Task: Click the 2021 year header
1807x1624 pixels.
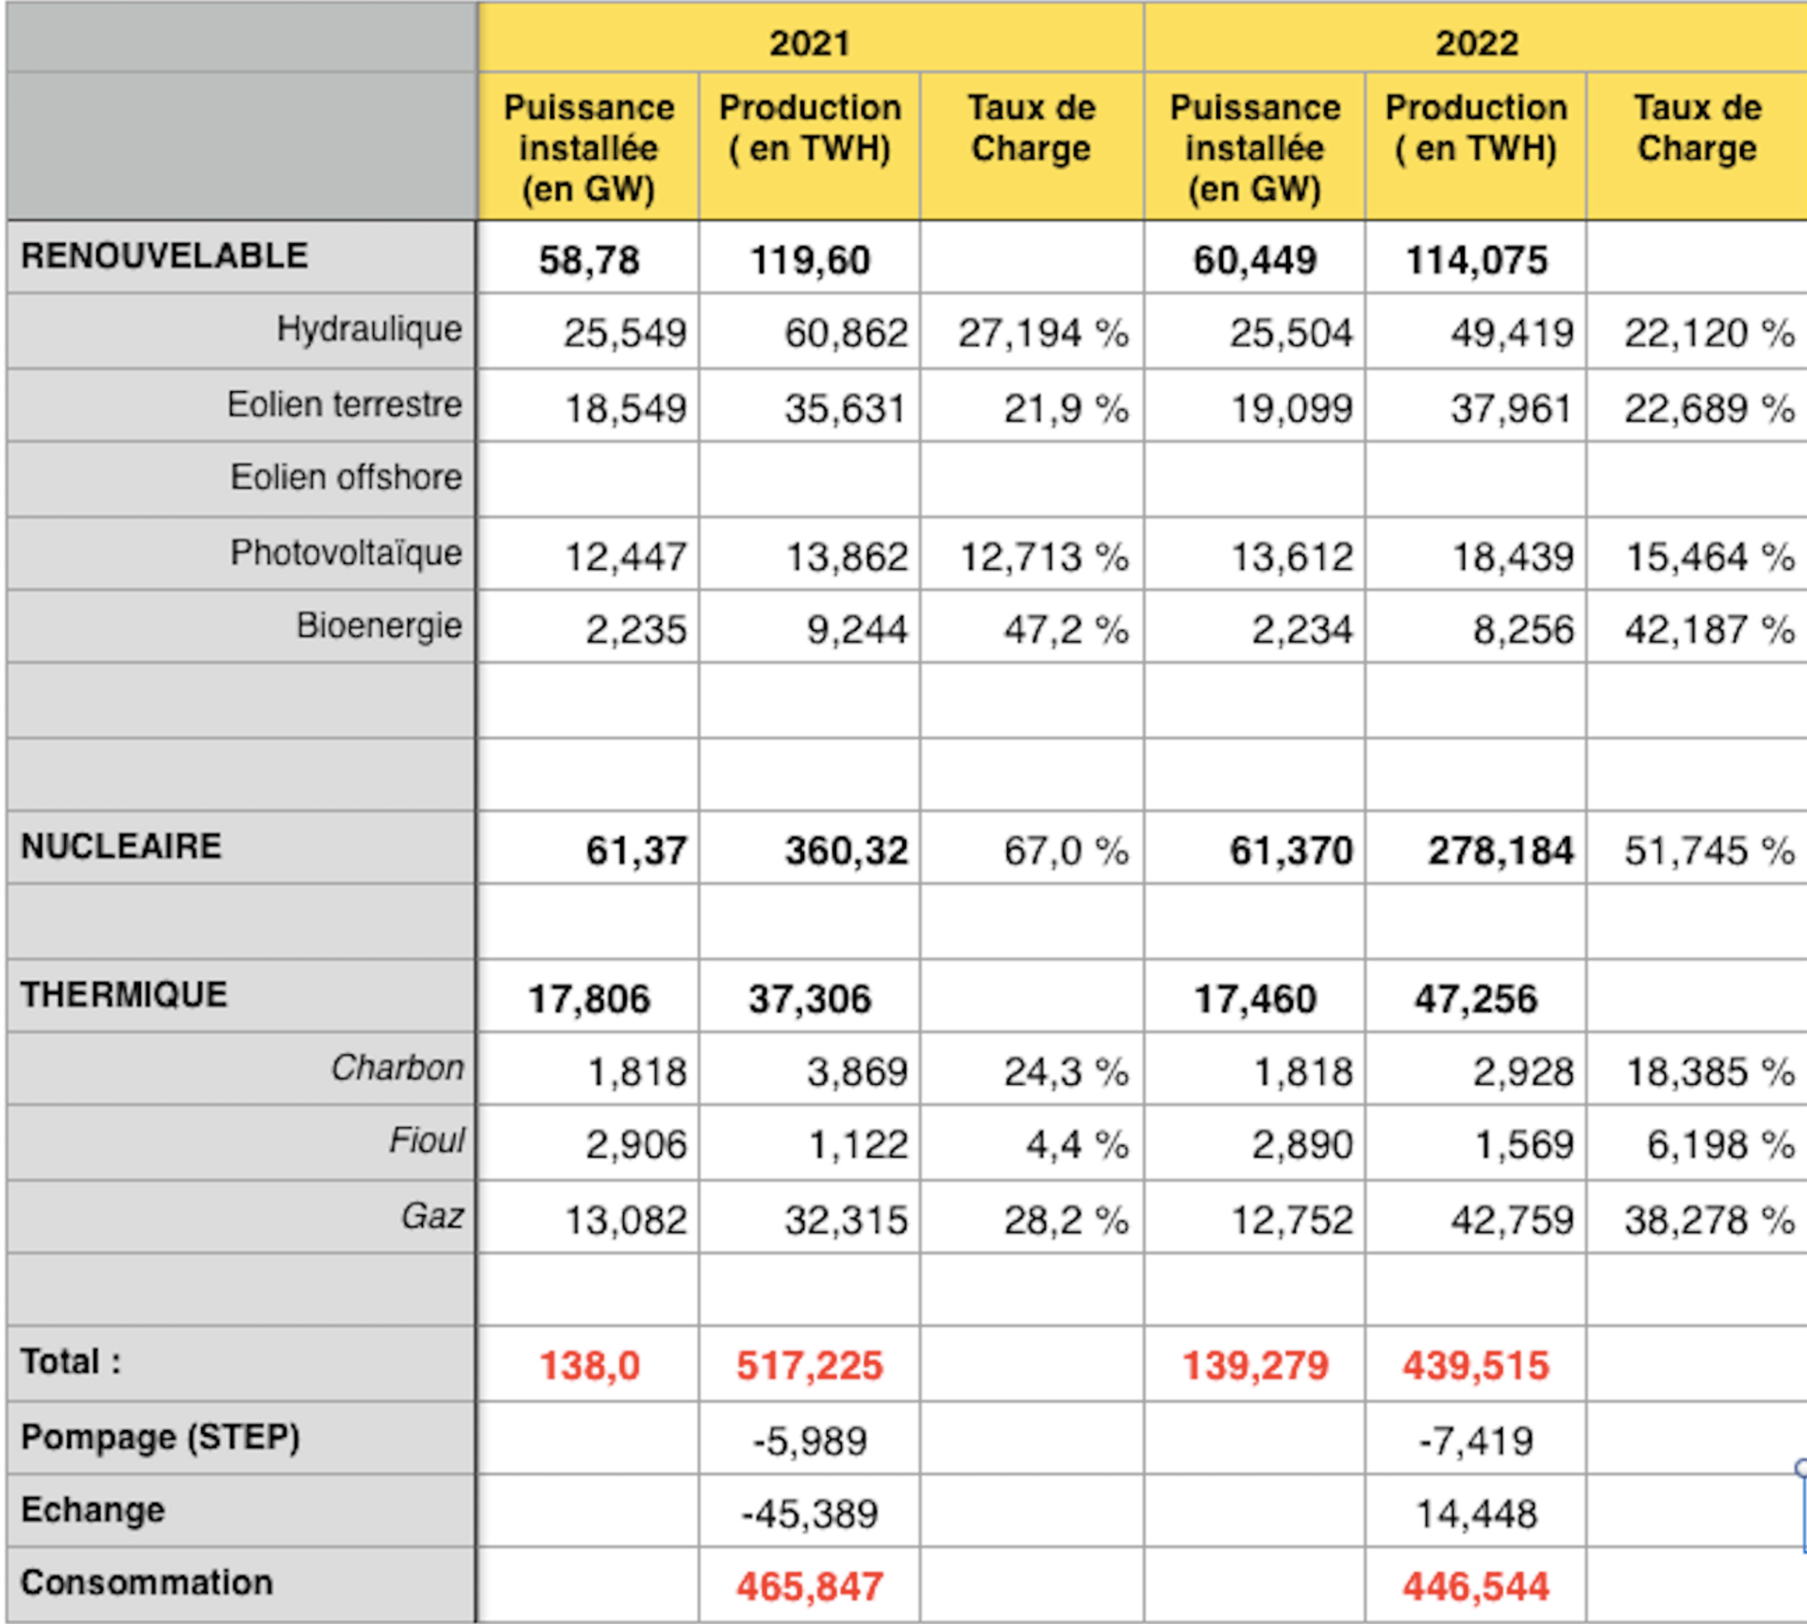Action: click(x=809, y=43)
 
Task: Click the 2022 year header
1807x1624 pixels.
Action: click(x=1476, y=43)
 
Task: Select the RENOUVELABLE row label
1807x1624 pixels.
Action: click(x=164, y=256)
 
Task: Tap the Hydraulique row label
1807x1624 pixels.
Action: click(x=370, y=329)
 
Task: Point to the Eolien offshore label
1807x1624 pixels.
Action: click(x=347, y=477)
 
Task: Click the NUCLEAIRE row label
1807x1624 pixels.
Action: click(x=122, y=846)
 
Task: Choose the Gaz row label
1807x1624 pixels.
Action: click(x=432, y=1217)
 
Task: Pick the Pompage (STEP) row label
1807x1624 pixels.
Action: click(x=161, y=1438)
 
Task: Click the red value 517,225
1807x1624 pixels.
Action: click(x=809, y=1366)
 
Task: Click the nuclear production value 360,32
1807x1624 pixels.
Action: click(x=846, y=850)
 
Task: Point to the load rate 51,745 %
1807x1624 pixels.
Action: click(x=1708, y=850)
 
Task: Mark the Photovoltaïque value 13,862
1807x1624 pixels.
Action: click(x=846, y=558)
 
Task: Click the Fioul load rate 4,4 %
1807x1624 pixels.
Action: click(x=1077, y=1145)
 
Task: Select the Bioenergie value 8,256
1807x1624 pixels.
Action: click(x=1522, y=630)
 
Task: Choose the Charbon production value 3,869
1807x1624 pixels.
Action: click(x=857, y=1072)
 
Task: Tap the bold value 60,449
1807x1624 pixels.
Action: click(x=1255, y=260)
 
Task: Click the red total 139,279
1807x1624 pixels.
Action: click(x=1255, y=1366)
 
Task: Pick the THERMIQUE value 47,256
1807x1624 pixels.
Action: click(x=1476, y=1000)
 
